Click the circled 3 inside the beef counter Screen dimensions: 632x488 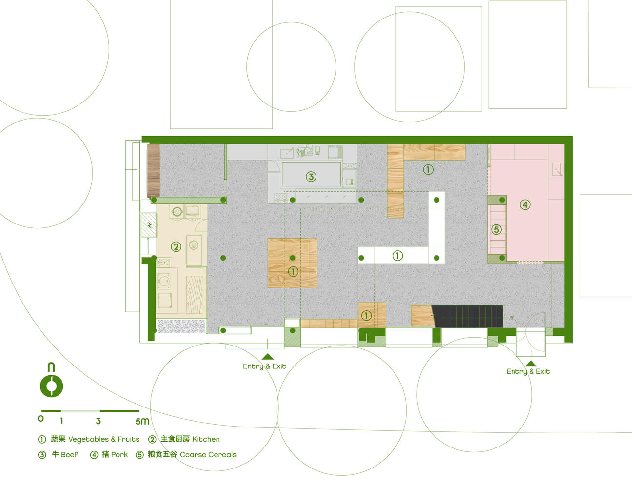pos(311,176)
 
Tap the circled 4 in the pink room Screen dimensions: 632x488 pos(525,205)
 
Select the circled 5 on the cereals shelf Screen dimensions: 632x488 pos(496,229)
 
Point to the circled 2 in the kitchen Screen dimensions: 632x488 pos(176,247)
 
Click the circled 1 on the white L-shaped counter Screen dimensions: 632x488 pos(397,256)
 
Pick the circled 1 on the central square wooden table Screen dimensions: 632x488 pos(293,272)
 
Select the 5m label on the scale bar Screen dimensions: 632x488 pos(142,421)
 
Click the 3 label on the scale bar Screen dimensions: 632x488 pos(99,421)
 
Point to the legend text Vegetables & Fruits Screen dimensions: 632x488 pos(104,439)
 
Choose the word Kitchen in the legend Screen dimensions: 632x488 pos(206,439)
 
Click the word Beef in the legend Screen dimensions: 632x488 pos(70,454)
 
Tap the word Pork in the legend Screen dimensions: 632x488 pos(119,454)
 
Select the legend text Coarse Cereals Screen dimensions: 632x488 pos(208,454)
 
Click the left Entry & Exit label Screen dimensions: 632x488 pos(264,366)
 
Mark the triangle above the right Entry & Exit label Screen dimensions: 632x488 pos(531,364)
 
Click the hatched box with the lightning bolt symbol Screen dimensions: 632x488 pos(149,225)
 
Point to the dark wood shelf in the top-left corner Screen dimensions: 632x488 pos(154,170)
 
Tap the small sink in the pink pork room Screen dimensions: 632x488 pos(556,169)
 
